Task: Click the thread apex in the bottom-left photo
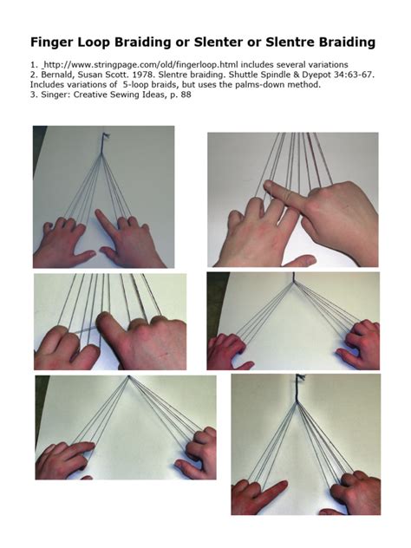(128, 378)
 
